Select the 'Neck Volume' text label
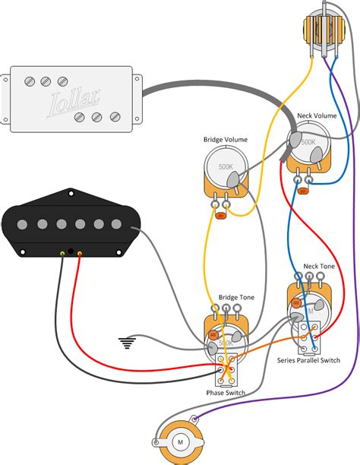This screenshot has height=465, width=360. (315, 116)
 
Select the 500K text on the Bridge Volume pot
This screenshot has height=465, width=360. (226, 166)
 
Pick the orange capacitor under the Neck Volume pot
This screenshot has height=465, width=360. (304, 191)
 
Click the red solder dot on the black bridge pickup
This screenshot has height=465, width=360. (78, 251)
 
